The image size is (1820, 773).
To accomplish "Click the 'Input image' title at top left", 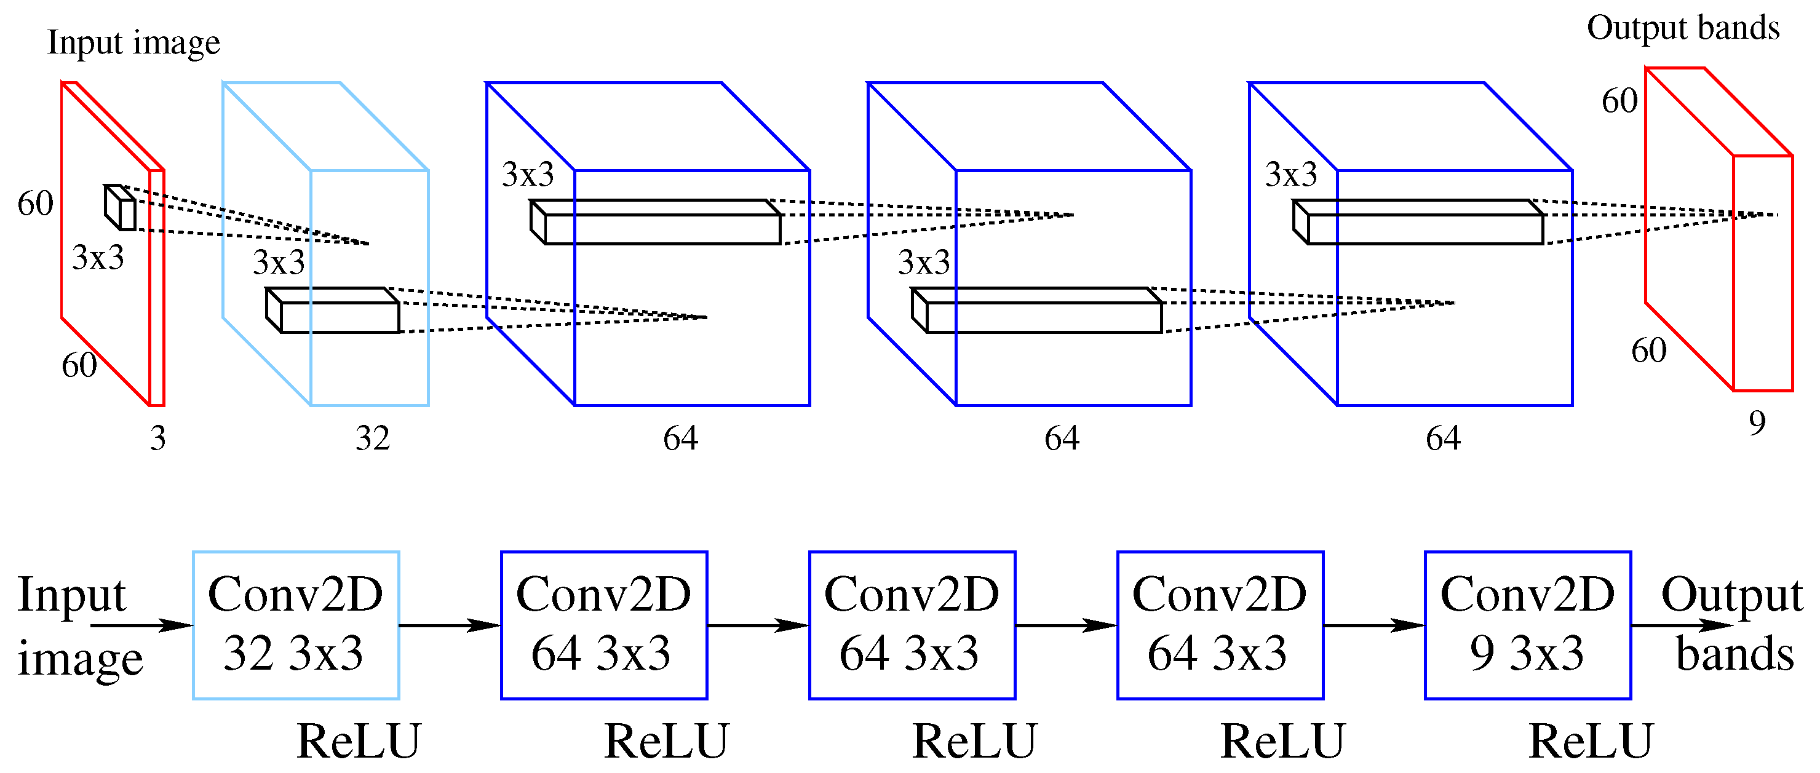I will tap(133, 42).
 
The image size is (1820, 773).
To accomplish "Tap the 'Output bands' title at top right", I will tap(1682, 28).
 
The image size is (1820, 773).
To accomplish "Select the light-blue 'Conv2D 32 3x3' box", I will tap(295, 625).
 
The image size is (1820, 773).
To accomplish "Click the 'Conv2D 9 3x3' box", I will tap(1527, 625).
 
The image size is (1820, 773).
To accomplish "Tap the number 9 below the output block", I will tap(1757, 423).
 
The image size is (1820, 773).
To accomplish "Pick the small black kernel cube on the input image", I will tap(121, 208).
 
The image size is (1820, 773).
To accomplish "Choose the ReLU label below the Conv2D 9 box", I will tap(1591, 742).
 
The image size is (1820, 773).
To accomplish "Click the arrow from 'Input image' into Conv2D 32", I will tap(141, 625).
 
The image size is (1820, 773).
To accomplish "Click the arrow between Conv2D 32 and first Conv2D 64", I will tap(450, 625).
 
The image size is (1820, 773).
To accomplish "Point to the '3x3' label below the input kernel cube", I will tap(98, 257).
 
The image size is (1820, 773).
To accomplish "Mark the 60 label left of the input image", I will tap(35, 204).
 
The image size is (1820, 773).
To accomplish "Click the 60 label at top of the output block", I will tap(1619, 101).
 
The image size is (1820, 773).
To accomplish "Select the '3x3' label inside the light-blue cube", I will tap(279, 263).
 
